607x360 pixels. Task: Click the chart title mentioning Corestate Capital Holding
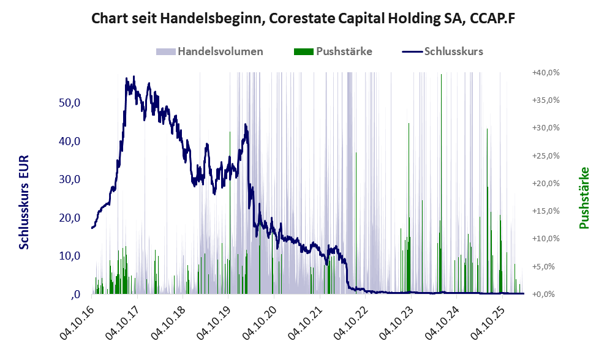[303, 19]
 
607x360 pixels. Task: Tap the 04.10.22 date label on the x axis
[348, 321]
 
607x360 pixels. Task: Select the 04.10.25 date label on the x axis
[483, 321]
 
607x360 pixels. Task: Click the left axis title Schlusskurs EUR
[25, 202]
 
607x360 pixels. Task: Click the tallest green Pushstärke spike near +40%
[441, 77]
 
